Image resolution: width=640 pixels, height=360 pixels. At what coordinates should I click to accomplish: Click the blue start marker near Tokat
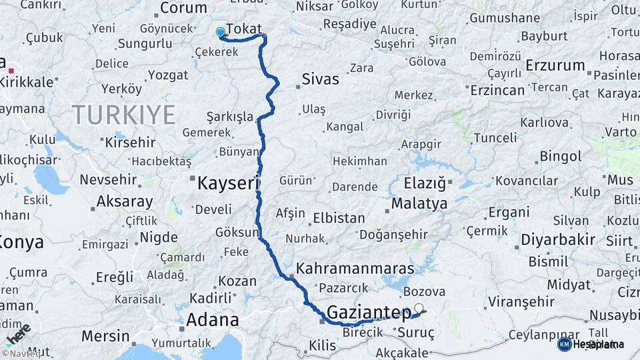(x=221, y=31)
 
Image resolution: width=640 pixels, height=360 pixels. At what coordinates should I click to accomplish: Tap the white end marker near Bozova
(x=419, y=308)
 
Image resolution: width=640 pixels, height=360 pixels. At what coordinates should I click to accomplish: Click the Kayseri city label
(x=228, y=183)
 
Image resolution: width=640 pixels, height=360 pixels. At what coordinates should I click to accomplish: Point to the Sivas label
(x=321, y=79)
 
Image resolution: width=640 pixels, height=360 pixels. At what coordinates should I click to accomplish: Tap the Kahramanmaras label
(x=355, y=269)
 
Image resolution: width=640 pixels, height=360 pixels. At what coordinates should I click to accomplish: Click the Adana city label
(x=212, y=320)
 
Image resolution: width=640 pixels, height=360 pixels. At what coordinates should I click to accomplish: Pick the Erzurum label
(x=555, y=66)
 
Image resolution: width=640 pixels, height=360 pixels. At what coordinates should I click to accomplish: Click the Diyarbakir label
(x=557, y=239)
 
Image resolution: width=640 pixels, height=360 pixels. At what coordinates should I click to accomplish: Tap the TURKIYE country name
(x=124, y=115)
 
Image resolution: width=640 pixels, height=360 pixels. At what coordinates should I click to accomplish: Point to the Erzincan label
(x=497, y=90)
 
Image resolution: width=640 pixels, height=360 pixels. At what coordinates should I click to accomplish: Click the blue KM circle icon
(x=565, y=344)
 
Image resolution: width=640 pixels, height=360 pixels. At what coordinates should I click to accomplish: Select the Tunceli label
(x=494, y=138)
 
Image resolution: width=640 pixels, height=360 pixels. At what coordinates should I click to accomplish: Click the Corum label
(x=184, y=9)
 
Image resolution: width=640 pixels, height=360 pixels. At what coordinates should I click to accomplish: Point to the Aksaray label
(x=125, y=201)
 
